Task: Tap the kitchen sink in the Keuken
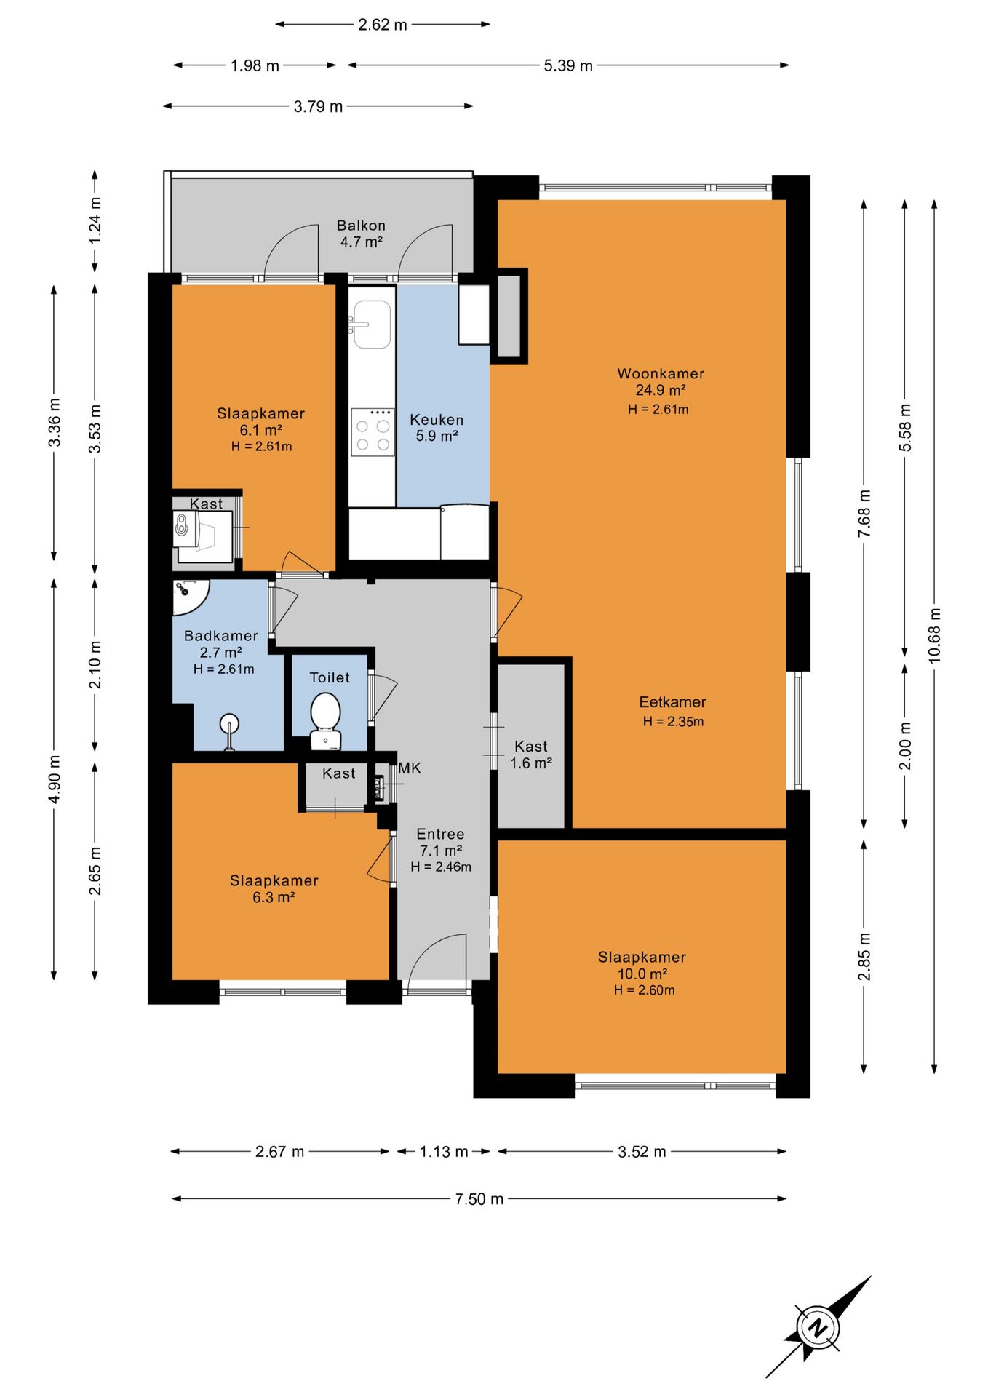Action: [x=372, y=325]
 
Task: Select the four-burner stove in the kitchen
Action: [x=373, y=432]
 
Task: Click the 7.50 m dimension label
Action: [x=479, y=1198]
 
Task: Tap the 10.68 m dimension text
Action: [x=935, y=634]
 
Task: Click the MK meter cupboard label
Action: [x=410, y=768]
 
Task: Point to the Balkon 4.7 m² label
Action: [x=361, y=234]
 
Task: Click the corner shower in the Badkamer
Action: [x=189, y=597]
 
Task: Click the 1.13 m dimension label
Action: [x=444, y=1151]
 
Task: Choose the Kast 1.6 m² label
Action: [x=531, y=755]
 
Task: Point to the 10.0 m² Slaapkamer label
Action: [x=642, y=973]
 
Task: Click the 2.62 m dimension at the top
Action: [x=383, y=24]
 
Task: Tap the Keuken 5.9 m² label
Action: [x=437, y=428]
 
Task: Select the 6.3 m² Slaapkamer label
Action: [x=274, y=888]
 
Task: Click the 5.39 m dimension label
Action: [x=568, y=65]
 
